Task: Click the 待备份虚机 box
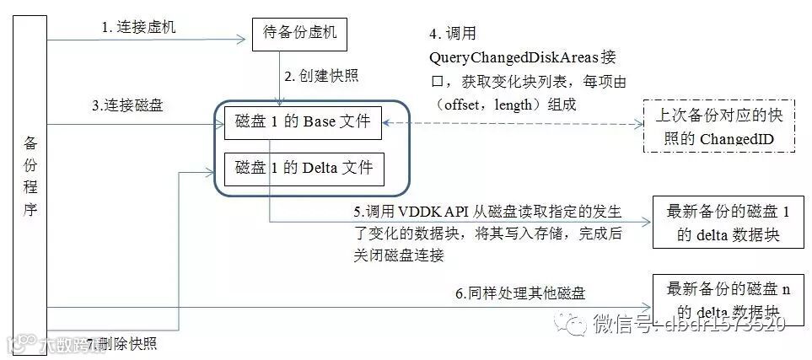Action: pyautogui.click(x=300, y=34)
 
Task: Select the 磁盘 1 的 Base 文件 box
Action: pyautogui.click(x=304, y=122)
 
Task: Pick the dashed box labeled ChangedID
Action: pyautogui.click(x=718, y=126)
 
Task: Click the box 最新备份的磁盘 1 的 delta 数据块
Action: pyautogui.click(x=728, y=222)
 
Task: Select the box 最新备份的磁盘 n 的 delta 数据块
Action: pyautogui.click(x=728, y=300)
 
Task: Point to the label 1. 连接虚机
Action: pyautogui.click(x=139, y=27)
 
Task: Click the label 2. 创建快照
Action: pyautogui.click(x=321, y=76)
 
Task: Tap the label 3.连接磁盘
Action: pyautogui.click(x=127, y=106)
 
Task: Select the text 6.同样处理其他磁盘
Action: pyautogui.click(x=520, y=293)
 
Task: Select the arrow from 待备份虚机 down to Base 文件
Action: pyautogui.click(x=279, y=78)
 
